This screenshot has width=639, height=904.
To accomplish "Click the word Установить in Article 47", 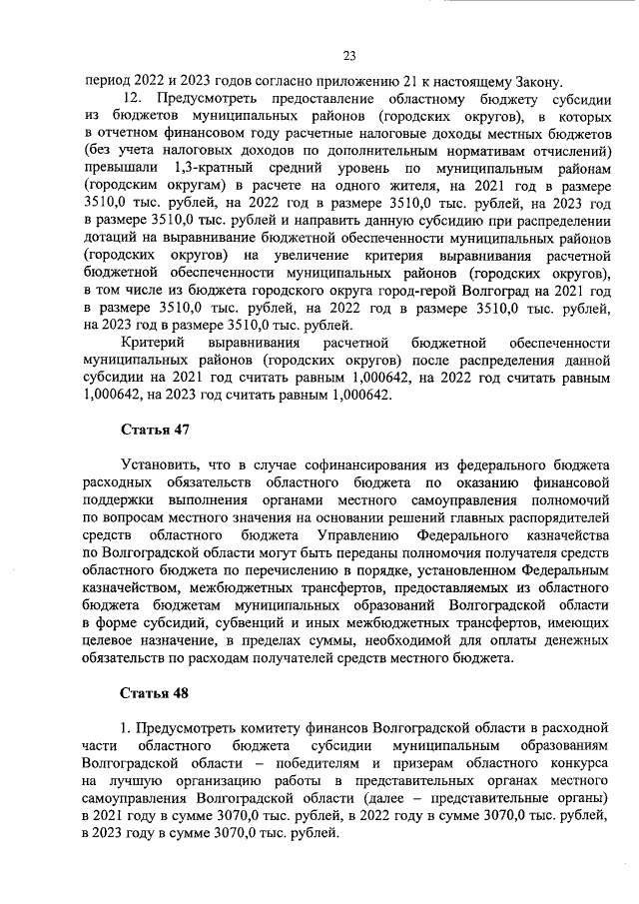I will point(158,464).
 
